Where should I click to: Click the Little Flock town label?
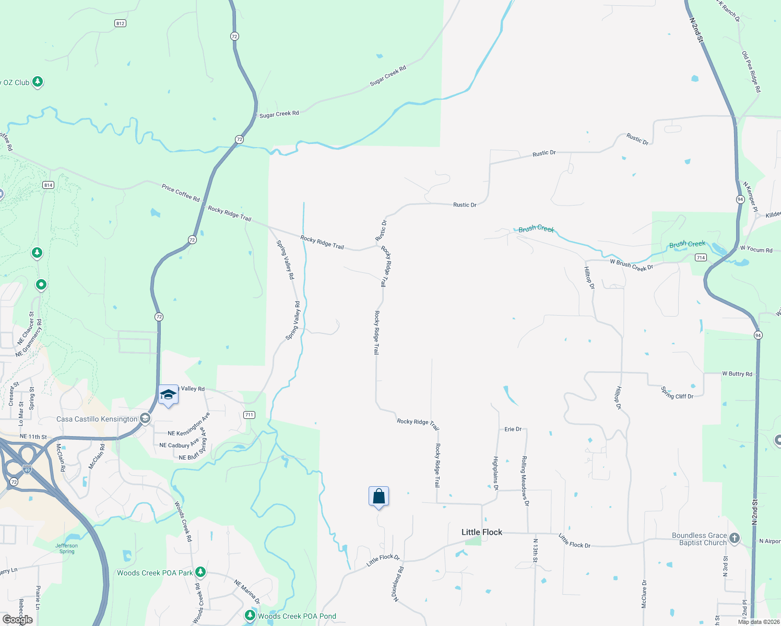point(481,532)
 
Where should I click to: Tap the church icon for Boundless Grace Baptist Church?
point(735,538)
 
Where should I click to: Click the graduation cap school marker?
point(168,395)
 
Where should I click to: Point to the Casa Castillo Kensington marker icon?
point(145,418)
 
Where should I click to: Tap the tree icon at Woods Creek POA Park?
point(200,572)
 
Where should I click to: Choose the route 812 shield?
point(120,23)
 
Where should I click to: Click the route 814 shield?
point(48,185)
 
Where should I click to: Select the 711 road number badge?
point(249,415)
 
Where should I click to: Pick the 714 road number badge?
point(701,257)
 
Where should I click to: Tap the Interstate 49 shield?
point(27,469)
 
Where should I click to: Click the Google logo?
point(18,620)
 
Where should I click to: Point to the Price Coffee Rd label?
point(181,193)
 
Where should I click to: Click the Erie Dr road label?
point(513,429)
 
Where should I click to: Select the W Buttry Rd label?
point(737,374)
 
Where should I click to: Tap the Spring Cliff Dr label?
point(677,393)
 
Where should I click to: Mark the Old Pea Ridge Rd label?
point(751,72)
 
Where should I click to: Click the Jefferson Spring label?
point(67,548)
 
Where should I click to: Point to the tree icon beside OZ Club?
point(38,81)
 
